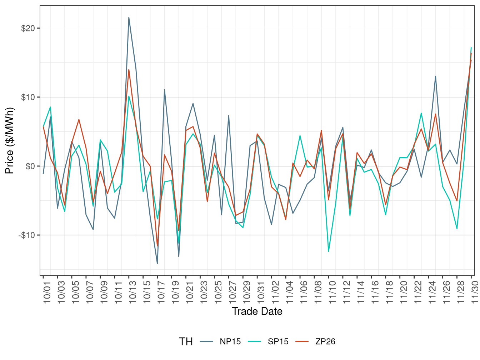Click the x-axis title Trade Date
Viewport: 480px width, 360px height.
tap(257, 311)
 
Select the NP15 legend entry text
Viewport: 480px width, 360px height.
tap(230, 341)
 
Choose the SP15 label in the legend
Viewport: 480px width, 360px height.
tap(278, 341)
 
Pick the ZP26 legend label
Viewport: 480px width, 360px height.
tap(325, 341)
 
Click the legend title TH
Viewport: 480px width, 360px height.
tap(186, 342)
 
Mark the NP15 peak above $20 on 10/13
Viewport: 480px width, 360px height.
tap(129, 17)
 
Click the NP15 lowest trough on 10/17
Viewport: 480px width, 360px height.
tap(157, 264)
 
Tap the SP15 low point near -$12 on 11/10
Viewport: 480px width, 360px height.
tap(329, 252)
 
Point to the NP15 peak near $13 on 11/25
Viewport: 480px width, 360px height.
tap(435, 76)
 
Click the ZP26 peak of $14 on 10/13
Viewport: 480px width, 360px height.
tap(129, 70)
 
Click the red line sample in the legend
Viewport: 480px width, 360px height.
tap(302, 341)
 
